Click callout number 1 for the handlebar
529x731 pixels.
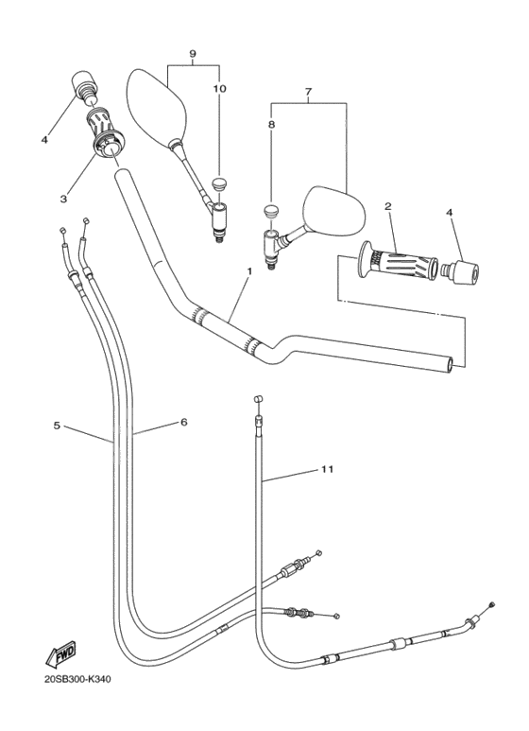[248, 271]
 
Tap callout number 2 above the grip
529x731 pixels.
[387, 205]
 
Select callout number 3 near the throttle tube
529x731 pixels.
[63, 199]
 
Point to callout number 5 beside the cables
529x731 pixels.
[58, 426]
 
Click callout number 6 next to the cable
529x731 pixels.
[183, 422]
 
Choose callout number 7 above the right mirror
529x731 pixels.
[307, 92]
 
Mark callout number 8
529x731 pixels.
[271, 122]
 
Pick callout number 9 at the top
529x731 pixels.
[193, 54]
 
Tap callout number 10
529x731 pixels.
[219, 88]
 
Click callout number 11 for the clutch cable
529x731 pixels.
[327, 468]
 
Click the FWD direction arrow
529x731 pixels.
[60, 653]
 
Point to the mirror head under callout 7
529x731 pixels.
[332, 210]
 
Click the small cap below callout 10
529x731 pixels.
[219, 183]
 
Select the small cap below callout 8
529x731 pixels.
[271, 210]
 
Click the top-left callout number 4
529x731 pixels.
[44, 140]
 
